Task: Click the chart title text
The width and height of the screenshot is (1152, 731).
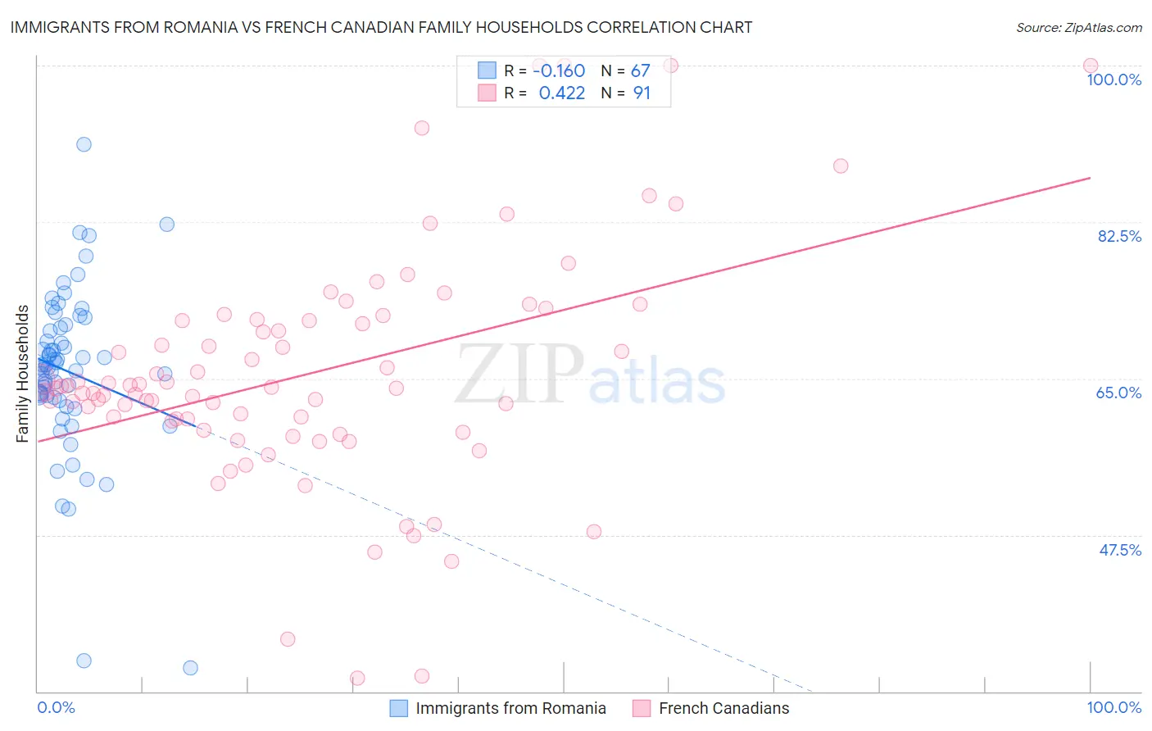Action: [x=381, y=27]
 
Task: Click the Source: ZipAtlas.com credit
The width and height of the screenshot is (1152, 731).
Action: [x=1079, y=27]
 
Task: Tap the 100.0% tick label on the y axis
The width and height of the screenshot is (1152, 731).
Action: [x=1113, y=79]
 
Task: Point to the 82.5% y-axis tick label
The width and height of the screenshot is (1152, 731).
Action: [x=1119, y=236]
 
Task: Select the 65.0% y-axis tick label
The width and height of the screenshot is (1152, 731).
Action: [x=1118, y=393]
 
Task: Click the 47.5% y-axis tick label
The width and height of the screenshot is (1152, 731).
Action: [x=1119, y=550]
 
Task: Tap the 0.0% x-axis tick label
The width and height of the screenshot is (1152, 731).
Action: [x=56, y=707]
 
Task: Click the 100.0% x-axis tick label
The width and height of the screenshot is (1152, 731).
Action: [x=1113, y=707]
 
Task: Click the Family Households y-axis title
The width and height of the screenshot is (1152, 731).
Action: [x=23, y=374]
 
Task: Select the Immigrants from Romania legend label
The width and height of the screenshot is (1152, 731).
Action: [x=510, y=708]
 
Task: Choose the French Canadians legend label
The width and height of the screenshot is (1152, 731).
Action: [x=723, y=708]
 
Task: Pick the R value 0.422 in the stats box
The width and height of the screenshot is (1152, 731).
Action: [x=561, y=93]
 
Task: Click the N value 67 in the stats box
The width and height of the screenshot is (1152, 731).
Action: [x=640, y=71]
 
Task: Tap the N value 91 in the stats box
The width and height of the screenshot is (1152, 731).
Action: [x=641, y=93]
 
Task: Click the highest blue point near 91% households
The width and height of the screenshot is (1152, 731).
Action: [x=84, y=144]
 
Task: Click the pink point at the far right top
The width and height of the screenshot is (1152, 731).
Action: [x=1090, y=66]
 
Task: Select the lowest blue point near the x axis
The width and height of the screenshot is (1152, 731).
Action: [x=190, y=668]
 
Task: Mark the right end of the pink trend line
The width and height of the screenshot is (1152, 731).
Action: [x=1090, y=178]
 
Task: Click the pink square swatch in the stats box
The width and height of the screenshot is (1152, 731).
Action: [x=487, y=93]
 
